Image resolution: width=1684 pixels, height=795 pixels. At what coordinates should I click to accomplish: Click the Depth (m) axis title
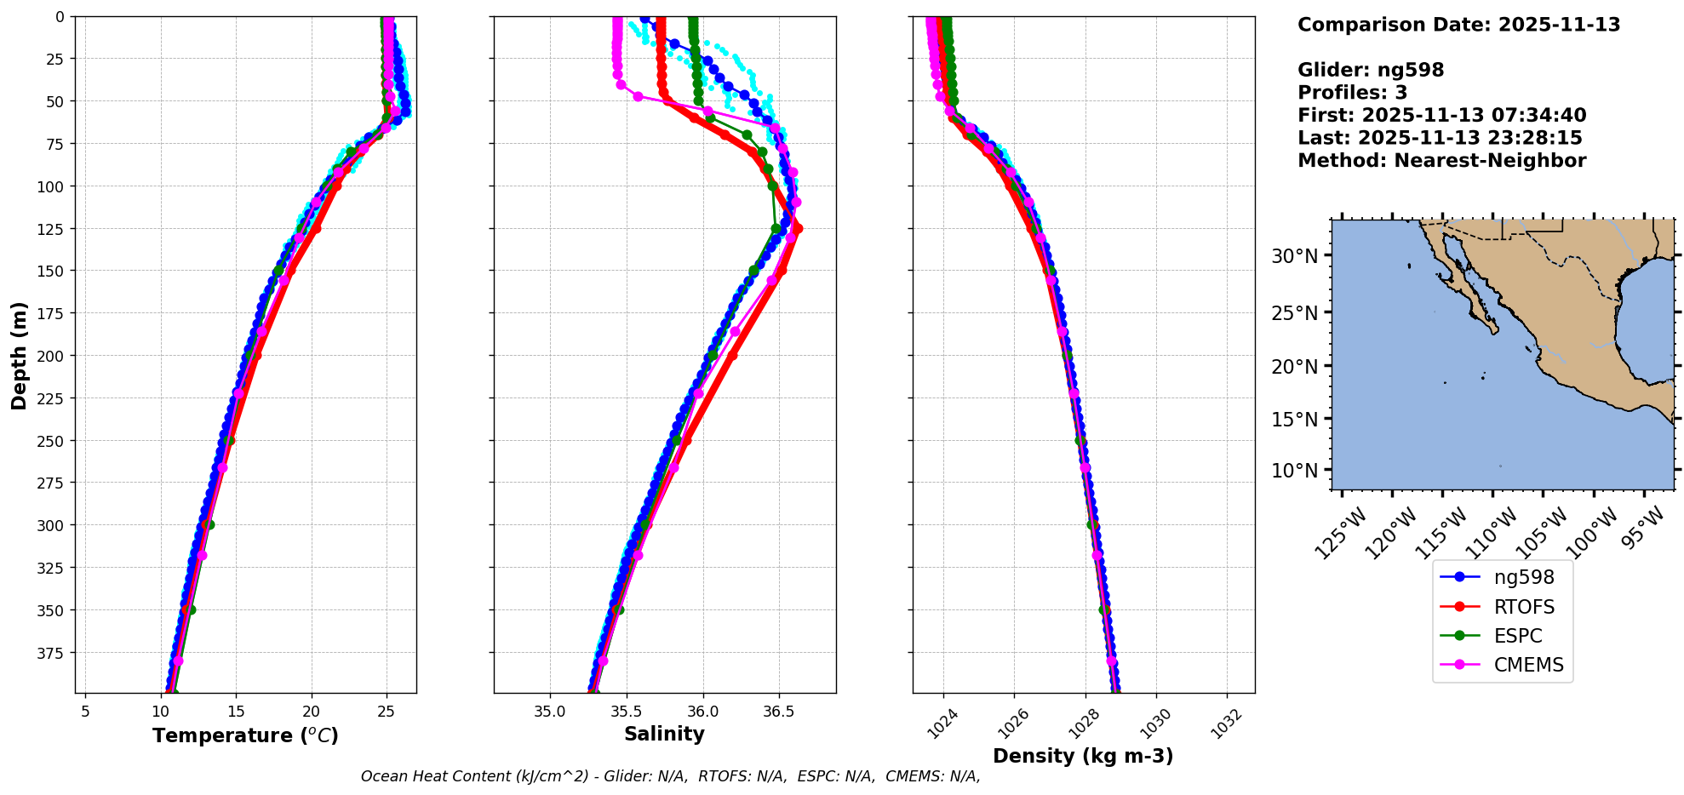pyautogui.click(x=19, y=355)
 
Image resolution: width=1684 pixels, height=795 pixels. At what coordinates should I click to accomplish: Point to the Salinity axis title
pyautogui.click(x=664, y=734)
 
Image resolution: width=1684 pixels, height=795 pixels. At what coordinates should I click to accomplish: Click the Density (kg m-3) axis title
pyautogui.click(x=1083, y=755)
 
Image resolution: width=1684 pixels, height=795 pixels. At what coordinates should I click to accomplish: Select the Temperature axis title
pyautogui.click(x=245, y=735)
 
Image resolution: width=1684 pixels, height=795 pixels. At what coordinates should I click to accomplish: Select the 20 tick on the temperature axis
pyautogui.click(x=312, y=711)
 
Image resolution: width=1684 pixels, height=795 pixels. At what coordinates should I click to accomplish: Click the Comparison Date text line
pyautogui.click(x=1458, y=25)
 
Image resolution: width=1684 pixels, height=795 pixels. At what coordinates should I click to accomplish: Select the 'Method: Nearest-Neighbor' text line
pyautogui.click(x=1441, y=161)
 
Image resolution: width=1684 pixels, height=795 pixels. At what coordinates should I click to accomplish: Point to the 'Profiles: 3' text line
pyautogui.click(x=1352, y=93)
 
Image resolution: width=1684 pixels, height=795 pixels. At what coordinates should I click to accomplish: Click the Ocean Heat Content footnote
pyautogui.click(x=670, y=776)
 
